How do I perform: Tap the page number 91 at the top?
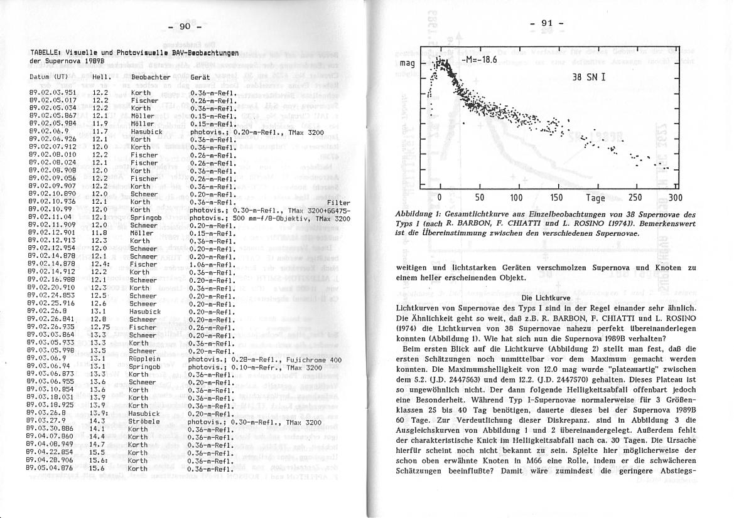tap(546, 23)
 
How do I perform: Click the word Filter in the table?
tap(338, 203)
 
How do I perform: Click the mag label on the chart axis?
tap(407, 65)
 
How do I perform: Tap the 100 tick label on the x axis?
tap(516, 198)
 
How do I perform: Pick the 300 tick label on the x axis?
tap(675, 198)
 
